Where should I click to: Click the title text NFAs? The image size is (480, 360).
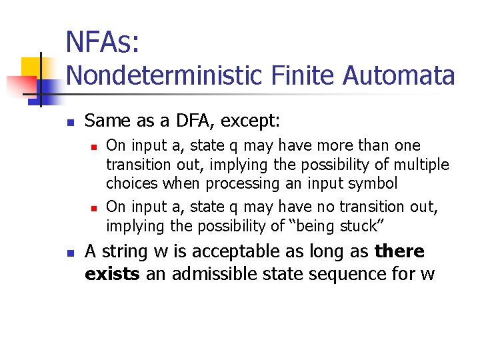103,42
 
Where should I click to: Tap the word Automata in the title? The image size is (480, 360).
399,75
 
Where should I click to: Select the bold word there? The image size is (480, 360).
399,251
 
